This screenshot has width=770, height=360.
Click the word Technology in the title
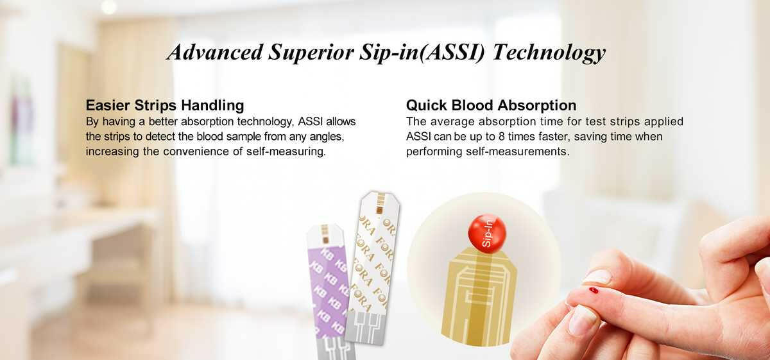(x=549, y=53)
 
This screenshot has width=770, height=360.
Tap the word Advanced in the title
(x=215, y=52)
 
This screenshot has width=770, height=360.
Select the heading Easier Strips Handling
(x=165, y=105)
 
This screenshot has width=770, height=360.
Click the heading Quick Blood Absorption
(x=492, y=105)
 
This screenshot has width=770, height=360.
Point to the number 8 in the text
(x=502, y=137)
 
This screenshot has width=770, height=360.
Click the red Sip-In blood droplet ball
(x=487, y=234)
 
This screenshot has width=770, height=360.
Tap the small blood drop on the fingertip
(x=594, y=290)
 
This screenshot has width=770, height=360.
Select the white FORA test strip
(x=373, y=268)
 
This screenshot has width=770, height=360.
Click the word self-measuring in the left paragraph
(x=286, y=151)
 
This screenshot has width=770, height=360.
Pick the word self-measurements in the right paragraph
(x=517, y=151)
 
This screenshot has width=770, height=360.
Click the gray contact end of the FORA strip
(x=365, y=327)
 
